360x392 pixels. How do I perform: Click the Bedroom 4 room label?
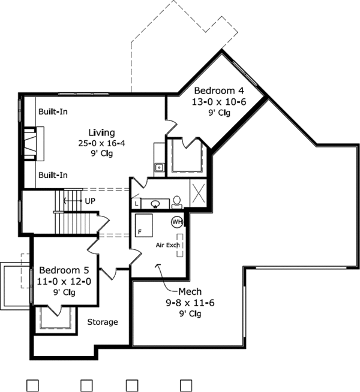coord(215,91)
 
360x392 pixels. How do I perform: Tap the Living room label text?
coord(101,132)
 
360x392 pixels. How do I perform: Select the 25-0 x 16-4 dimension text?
coord(101,143)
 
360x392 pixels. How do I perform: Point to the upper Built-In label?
coord(53,112)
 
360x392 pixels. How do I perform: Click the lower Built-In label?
coord(53,175)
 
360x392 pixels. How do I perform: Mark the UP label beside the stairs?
coord(91,200)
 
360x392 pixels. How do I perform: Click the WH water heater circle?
coord(177,221)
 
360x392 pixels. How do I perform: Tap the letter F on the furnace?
coord(140,231)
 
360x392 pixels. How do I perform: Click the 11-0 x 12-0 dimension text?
coord(64,281)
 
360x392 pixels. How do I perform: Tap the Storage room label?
coord(103,322)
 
